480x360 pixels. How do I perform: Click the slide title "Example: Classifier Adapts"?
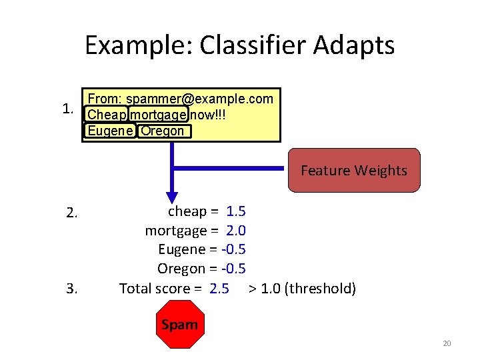[x=239, y=45]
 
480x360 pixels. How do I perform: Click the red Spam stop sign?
[x=179, y=325]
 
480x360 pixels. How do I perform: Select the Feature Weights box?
[x=353, y=171]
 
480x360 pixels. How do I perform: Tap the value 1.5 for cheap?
[x=236, y=211]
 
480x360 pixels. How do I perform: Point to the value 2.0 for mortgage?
[x=236, y=231]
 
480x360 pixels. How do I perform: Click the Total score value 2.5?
[x=219, y=289]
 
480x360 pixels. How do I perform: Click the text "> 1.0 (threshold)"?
[x=302, y=289]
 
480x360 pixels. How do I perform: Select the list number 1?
[x=67, y=108]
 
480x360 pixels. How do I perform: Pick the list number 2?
[x=73, y=213]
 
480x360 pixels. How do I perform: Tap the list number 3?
[x=73, y=289]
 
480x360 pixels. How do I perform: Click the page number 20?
[x=447, y=343]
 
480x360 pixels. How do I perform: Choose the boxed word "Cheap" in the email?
[x=106, y=115]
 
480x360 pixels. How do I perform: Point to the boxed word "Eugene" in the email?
[x=110, y=131]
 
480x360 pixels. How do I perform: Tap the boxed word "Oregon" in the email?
[x=163, y=131]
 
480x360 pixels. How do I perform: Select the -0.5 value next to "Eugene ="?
[x=233, y=249]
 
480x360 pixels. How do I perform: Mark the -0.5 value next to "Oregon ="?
[x=233, y=269]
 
